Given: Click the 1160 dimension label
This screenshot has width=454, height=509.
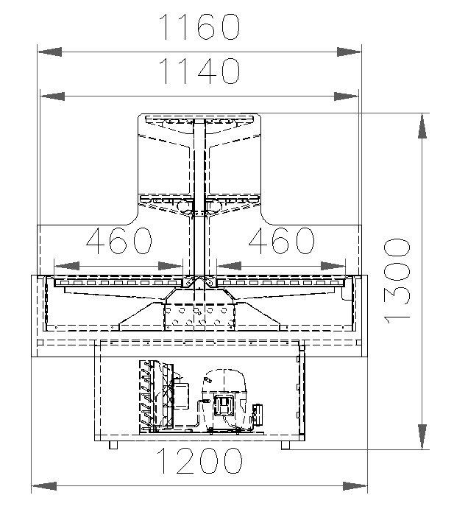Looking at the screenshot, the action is point(199,27).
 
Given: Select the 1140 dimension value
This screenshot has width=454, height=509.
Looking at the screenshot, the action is point(200,71).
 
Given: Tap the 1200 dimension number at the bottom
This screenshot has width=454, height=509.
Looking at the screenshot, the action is point(199,460).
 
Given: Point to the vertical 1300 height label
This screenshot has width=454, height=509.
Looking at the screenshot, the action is point(397,281).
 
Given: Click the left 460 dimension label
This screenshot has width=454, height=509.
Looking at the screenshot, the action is point(119,241).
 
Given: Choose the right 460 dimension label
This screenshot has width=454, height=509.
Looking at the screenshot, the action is point(282,241).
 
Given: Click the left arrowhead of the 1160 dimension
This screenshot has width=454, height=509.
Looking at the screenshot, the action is point(49,52).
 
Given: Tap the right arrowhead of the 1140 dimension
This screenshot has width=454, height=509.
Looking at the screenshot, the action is point(347,96).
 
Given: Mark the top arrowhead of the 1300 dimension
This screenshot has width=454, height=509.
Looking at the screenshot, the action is point(422,126).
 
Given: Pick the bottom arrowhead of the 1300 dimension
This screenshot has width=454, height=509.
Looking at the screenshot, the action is point(422,437).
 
